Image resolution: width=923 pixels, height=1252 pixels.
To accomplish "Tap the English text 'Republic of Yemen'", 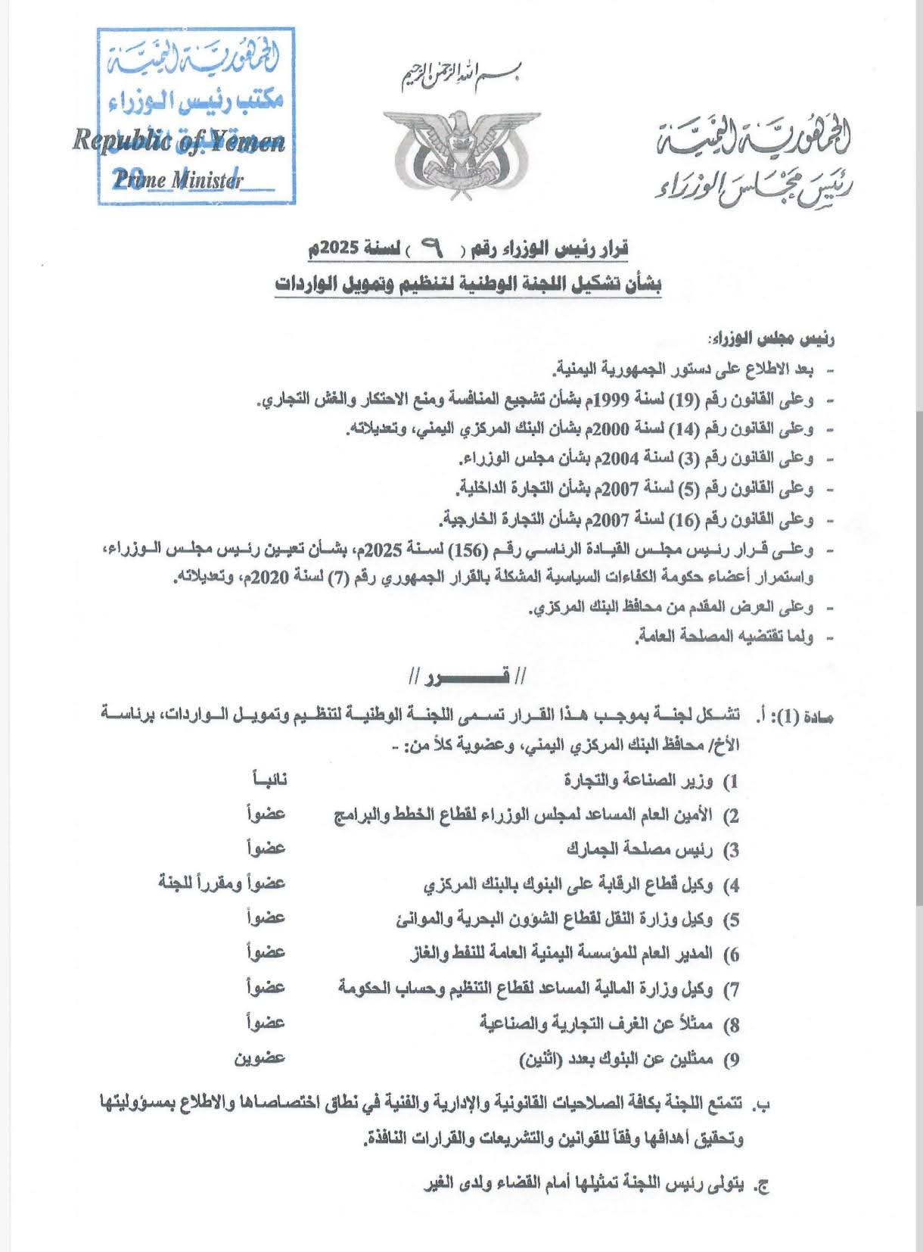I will click(x=179, y=142).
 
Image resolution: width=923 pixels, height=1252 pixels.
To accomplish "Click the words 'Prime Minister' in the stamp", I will click(x=178, y=180).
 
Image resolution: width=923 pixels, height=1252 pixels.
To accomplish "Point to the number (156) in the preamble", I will click(x=468, y=549).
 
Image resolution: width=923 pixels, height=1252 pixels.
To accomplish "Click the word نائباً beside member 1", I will click(x=268, y=779).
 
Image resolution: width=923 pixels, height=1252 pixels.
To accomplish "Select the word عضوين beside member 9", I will click(x=259, y=1057).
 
